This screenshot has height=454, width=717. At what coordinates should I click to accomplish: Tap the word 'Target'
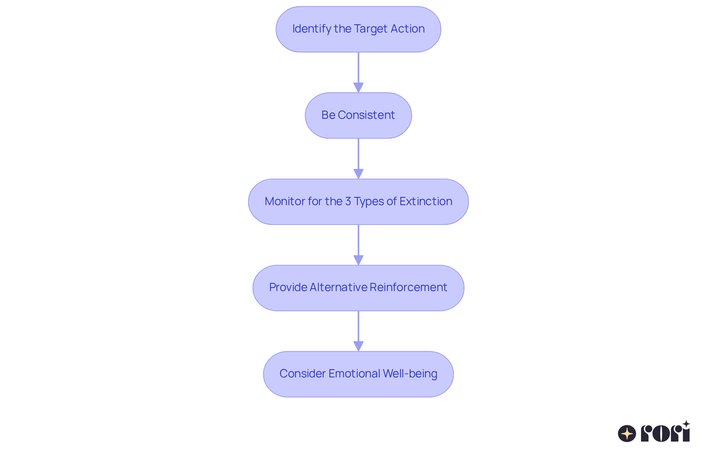(x=370, y=29)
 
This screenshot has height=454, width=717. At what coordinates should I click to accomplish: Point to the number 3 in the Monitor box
(x=348, y=201)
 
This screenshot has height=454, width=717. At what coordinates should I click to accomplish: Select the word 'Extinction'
(x=426, y=201)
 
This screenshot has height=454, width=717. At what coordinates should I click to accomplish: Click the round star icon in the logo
(x=627, y=433)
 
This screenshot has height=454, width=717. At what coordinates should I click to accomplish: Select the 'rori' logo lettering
(x=665, y=433)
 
